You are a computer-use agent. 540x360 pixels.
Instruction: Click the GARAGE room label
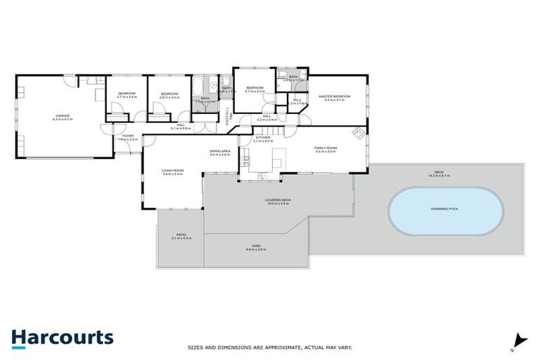[x=63, y=115]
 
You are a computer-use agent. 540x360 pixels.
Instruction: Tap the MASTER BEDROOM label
[x=334, y=96]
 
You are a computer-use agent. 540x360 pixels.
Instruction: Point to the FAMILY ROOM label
[x=326, y=148]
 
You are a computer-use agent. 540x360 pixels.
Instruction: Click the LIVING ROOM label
[x=172, y=170]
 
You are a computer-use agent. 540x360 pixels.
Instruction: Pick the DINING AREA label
[x=220, y=151]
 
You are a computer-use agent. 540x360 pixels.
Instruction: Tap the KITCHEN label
[x=263, y=137]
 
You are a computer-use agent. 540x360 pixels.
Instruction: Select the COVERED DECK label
[x=278, y=200]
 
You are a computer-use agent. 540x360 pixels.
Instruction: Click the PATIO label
[x=181, y=236]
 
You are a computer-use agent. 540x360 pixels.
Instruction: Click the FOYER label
[x=127, y=136]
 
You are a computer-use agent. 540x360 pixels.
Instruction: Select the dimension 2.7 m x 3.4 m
[x=127, y=97]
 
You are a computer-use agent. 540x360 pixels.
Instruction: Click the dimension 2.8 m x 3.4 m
[x=170, y=98]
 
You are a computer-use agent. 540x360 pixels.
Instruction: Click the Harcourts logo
[x=62, y=337]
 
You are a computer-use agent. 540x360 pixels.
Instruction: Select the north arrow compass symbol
[x=519, y=341]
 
